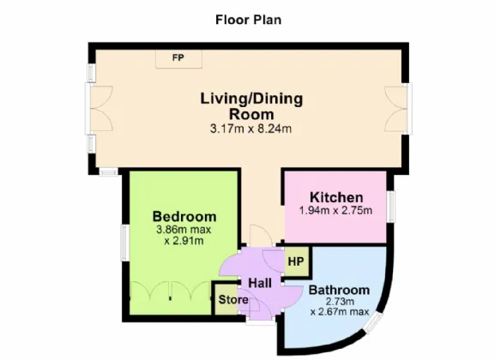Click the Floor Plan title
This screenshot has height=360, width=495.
(x=249, y=20)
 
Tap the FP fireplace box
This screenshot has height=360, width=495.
(x=178, y=58)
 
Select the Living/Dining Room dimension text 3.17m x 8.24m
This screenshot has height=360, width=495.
(x=251, y=129)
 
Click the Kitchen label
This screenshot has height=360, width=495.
(x=336, y=197)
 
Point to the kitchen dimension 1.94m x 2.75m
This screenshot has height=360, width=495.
(x=335, y=210)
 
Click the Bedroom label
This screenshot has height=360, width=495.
(x=184, y=217)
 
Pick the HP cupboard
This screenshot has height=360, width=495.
(x=296, y=261)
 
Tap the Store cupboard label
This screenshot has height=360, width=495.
(x=233, y=299)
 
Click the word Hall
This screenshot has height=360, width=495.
(x=260, y=283)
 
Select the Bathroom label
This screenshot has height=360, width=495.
(x=339, y=290)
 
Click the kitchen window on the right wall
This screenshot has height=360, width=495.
(x=391, y=207)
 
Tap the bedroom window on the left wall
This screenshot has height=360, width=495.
(x=124, y=243)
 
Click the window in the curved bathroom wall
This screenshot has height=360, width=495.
(x=373, y=322)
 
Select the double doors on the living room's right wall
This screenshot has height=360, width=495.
(x=398, y=109)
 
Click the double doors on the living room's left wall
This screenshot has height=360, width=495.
(x=99, y=109)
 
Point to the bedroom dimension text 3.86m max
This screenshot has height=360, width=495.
(x=184, y=230)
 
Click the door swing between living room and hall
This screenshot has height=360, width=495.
(x=262, y=235)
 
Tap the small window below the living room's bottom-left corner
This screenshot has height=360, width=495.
(x=109, y=172)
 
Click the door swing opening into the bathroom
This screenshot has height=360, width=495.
(x=291, y=297)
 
